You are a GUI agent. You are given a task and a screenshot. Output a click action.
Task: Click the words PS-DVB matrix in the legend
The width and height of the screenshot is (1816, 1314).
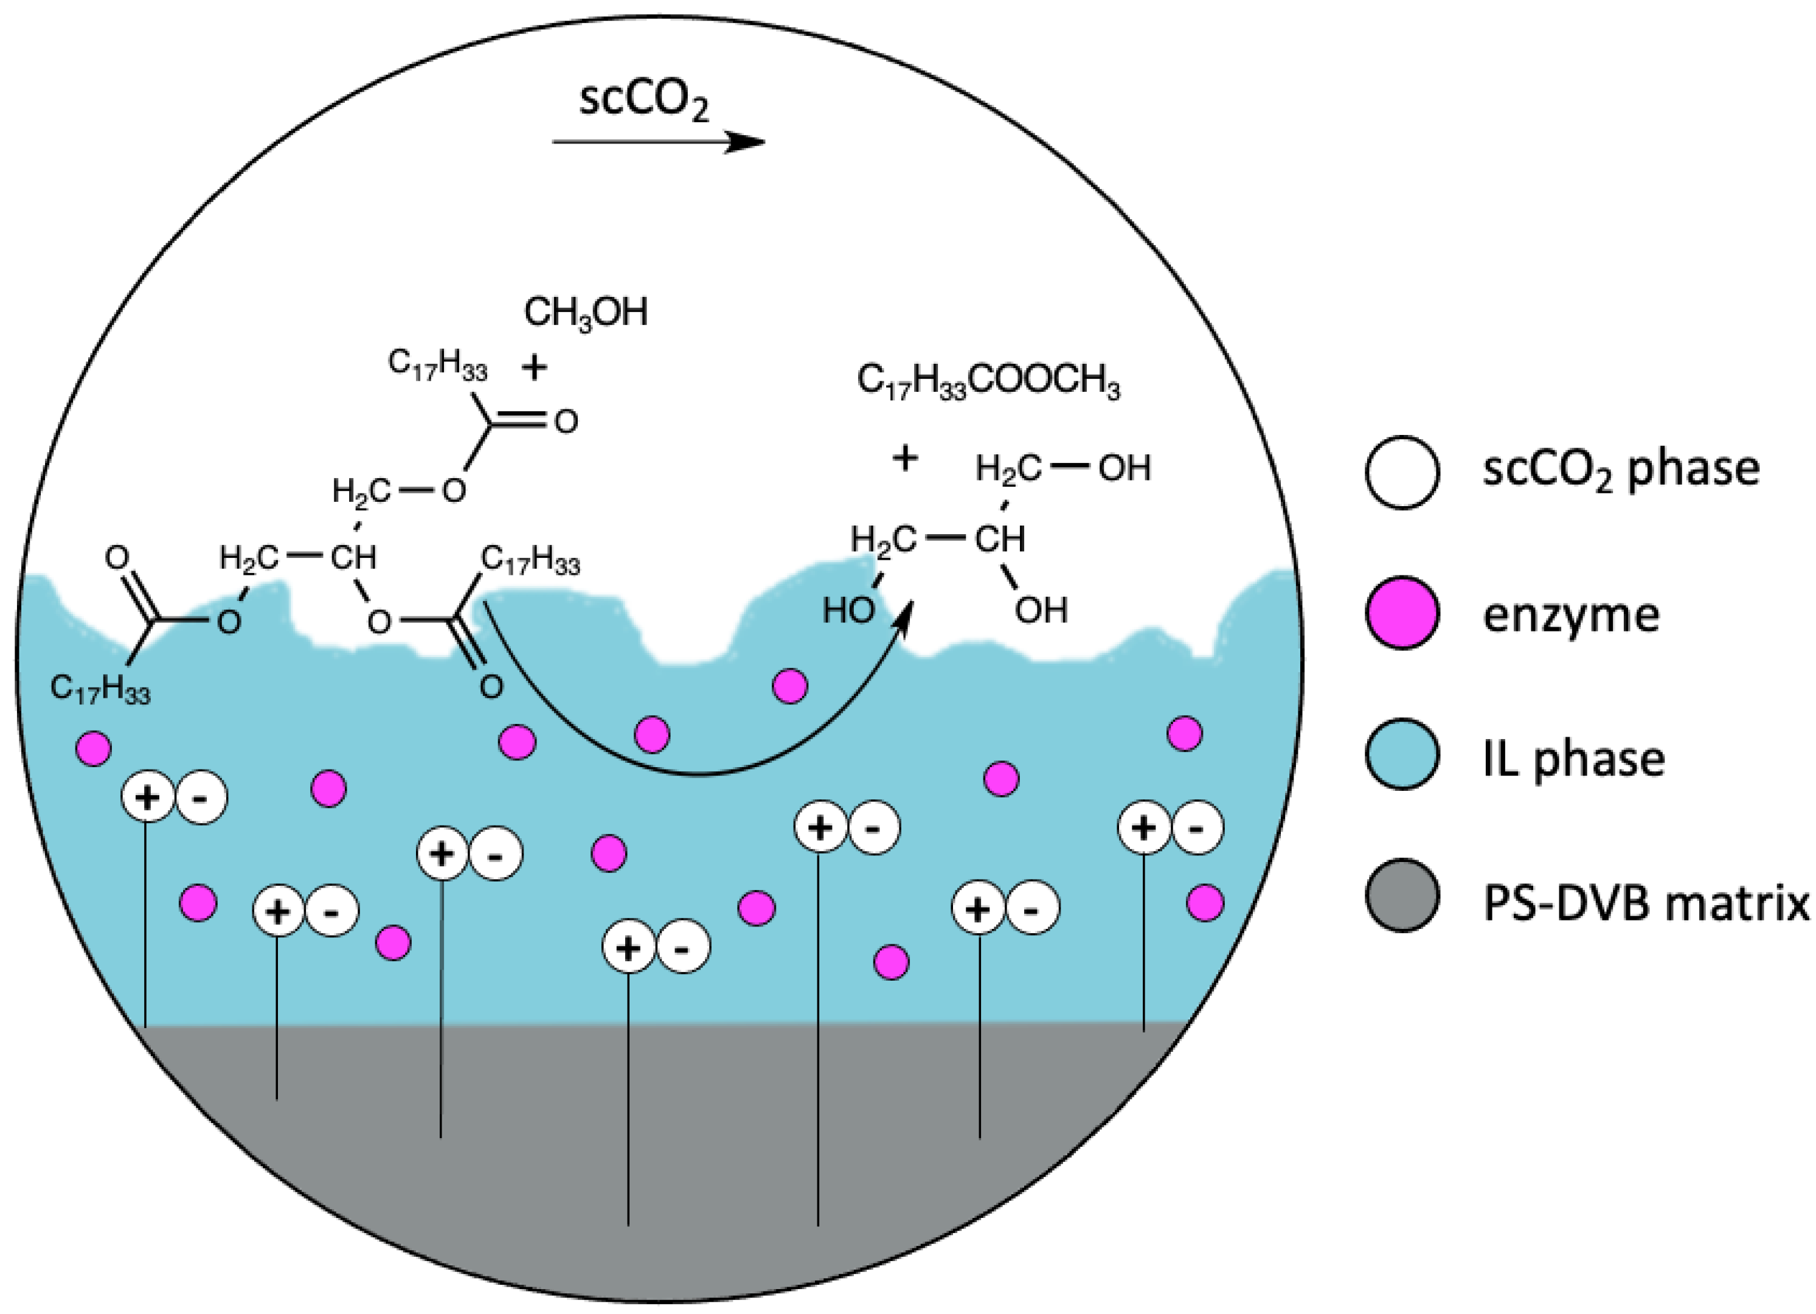1646,903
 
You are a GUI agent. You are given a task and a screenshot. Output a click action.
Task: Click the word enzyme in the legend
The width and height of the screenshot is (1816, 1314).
1571,616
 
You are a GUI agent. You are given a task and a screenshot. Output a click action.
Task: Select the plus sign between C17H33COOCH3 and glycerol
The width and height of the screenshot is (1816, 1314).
905,459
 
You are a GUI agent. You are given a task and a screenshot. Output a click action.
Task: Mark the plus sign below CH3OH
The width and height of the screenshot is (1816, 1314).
534,367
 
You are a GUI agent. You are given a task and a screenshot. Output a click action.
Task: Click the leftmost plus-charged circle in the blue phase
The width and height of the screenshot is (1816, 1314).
147,797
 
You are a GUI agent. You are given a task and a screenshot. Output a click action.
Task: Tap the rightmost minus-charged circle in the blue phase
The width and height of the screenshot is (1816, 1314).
1197,828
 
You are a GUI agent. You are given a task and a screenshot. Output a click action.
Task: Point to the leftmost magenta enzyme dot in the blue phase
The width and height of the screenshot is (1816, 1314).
94,749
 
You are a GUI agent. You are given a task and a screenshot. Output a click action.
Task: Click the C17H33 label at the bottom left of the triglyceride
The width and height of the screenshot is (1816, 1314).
100,689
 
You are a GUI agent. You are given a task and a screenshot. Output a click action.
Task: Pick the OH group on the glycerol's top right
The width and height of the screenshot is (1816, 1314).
1124,468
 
